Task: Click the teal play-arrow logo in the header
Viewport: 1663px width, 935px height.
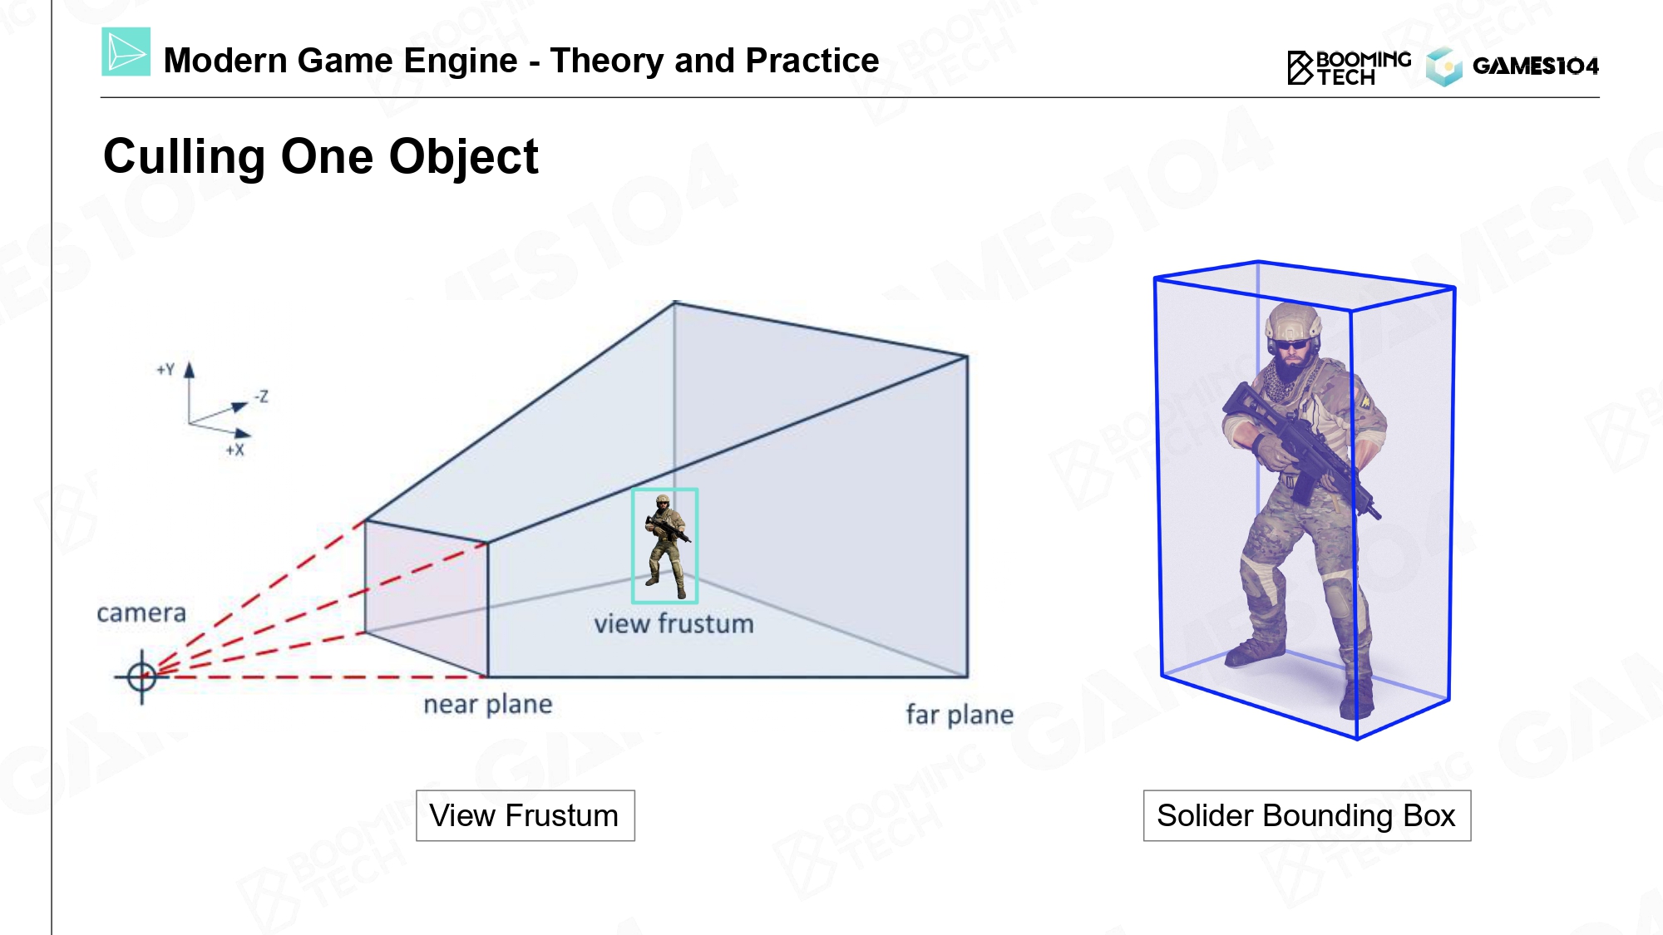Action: click(x=126, y=52)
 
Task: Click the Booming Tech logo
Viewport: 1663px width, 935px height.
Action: click(x=1349, y=67)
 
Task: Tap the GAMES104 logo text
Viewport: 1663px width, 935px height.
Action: click(x=1535, y=66)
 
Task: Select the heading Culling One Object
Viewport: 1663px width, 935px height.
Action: click(x=321, y=156)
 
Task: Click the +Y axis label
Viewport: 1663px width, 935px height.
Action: click(x=166, y=369)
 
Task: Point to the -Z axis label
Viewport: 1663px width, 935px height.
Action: click(x=261, y=396)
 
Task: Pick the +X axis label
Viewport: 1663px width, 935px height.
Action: click(x=235, y=450)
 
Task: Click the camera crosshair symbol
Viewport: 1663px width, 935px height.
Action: click(x=142, y=677)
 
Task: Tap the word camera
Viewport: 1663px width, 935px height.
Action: click(x=141, y=613)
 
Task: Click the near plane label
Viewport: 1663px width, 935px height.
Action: click(x=488, y=705)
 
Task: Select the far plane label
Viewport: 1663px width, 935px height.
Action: click(x=960, y=715)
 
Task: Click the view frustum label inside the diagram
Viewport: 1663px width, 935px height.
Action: click(x=674, y=624)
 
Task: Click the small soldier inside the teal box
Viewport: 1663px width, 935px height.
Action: click(x=665, y=546)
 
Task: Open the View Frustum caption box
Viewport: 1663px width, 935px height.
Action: click(x=525, y=815)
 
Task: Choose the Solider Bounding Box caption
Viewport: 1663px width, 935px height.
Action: click(x=1306, y=815)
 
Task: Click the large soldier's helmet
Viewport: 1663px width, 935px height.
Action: click(x=1293, y=322)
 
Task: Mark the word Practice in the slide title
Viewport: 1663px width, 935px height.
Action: click(x=812, y=61)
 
